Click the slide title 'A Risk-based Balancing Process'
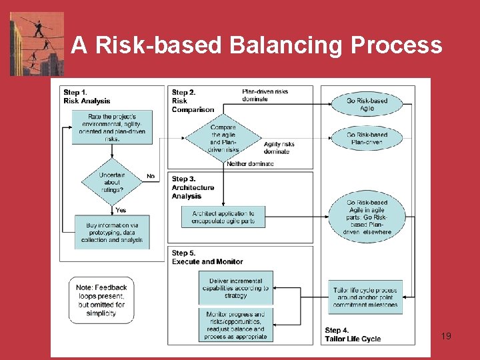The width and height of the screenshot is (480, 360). pyautogui.click(x=257, y=45)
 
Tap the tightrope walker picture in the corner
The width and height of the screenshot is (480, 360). pyautogui.click(x=37, y=43)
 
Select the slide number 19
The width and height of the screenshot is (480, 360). pyautogui.click(x=446, y=336)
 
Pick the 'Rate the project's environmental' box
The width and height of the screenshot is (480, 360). pyautogui.click(x=112, y=127)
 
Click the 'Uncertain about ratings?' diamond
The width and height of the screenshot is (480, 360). pyautogui.click(x=111, y=182)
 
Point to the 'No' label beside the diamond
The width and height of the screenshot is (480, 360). pyautogui.click(x=151, y=177)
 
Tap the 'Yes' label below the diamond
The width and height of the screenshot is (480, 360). pyautogui.click(x=121, y=210)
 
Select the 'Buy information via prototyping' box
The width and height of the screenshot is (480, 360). pyautogui.click(x=112, y=233)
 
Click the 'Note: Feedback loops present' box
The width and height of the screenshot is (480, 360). pyautogui.click(x=101, y=300)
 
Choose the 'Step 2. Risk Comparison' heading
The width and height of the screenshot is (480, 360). pyautogui.click(x=193, y=101)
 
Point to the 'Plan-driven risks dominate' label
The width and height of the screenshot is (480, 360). pyautogui.click(x=265, y=95)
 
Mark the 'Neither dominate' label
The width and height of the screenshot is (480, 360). pyautogui.click(x=250, y=163)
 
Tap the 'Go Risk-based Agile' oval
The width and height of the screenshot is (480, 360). pyautogui.click(x=367, y=104)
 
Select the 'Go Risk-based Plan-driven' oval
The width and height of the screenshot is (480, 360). pyautogui.click(x=367, y=138)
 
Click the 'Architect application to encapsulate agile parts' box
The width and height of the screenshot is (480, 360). pyautogui.click(x=223, y=217)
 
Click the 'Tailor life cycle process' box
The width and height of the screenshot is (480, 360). pyautogui.click(x=366, y=297)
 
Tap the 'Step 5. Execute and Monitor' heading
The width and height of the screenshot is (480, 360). pyautogui.click(x=207, y=257)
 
